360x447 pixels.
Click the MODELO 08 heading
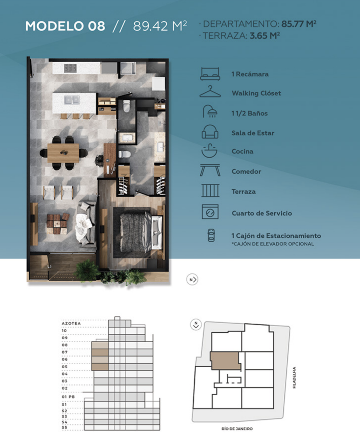(x=65, y=26)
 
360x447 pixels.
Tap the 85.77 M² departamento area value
(x=299, y=24)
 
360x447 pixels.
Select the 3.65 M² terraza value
(x=265, y=36)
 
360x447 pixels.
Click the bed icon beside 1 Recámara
(x=210, y=74)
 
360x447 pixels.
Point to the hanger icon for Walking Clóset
(x=210, y=91)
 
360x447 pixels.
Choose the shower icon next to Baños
(x=210, y=111)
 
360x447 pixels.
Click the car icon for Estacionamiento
(x=211, y=235)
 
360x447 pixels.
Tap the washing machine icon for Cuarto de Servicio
(x=210, y=212)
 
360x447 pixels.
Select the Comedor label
(x=246, y=171)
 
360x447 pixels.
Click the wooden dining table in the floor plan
(x=63, y=153)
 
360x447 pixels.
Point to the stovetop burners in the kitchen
(x=70, y=68)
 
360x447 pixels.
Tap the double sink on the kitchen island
(x=72, y=100)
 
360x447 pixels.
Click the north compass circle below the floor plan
(x=192, y=279)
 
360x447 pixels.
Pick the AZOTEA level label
(x=71, y=323)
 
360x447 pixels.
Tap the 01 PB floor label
(x=68, y=397)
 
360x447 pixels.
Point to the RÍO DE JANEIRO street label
(x=237, y=429)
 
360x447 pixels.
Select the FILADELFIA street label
(x=294, y=378)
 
